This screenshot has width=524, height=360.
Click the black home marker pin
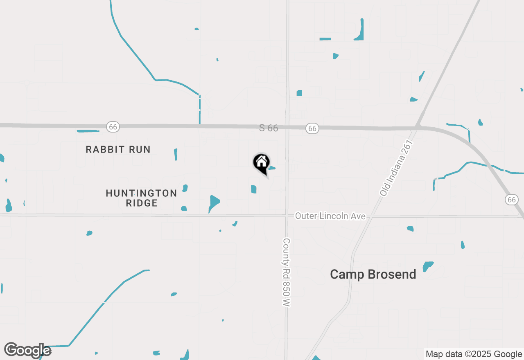point(261,162)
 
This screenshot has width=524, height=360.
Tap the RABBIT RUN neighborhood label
point(118,149)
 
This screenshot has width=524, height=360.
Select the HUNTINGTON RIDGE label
point(141,198)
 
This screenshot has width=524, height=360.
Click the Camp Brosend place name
point(373,274)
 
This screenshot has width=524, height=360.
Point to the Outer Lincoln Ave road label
point(330,216)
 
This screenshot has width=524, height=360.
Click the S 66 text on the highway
point(269,128)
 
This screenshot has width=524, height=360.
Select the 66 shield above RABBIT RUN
point(113,127)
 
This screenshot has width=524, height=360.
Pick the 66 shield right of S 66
point(312,128)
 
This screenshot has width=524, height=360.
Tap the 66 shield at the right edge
point(511,199)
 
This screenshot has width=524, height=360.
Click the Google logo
point(27,350)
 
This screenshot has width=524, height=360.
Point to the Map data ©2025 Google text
point(474,354)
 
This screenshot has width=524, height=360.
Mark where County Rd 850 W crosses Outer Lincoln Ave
point(287,216)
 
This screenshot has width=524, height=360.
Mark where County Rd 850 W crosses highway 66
point(287,127)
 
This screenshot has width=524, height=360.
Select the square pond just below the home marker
point(253,189)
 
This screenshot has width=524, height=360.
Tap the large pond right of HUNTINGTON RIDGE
point(214,202)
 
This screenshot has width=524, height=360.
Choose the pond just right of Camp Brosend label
point(428,266)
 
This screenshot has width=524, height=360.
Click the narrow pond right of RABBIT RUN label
point(176,154)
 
